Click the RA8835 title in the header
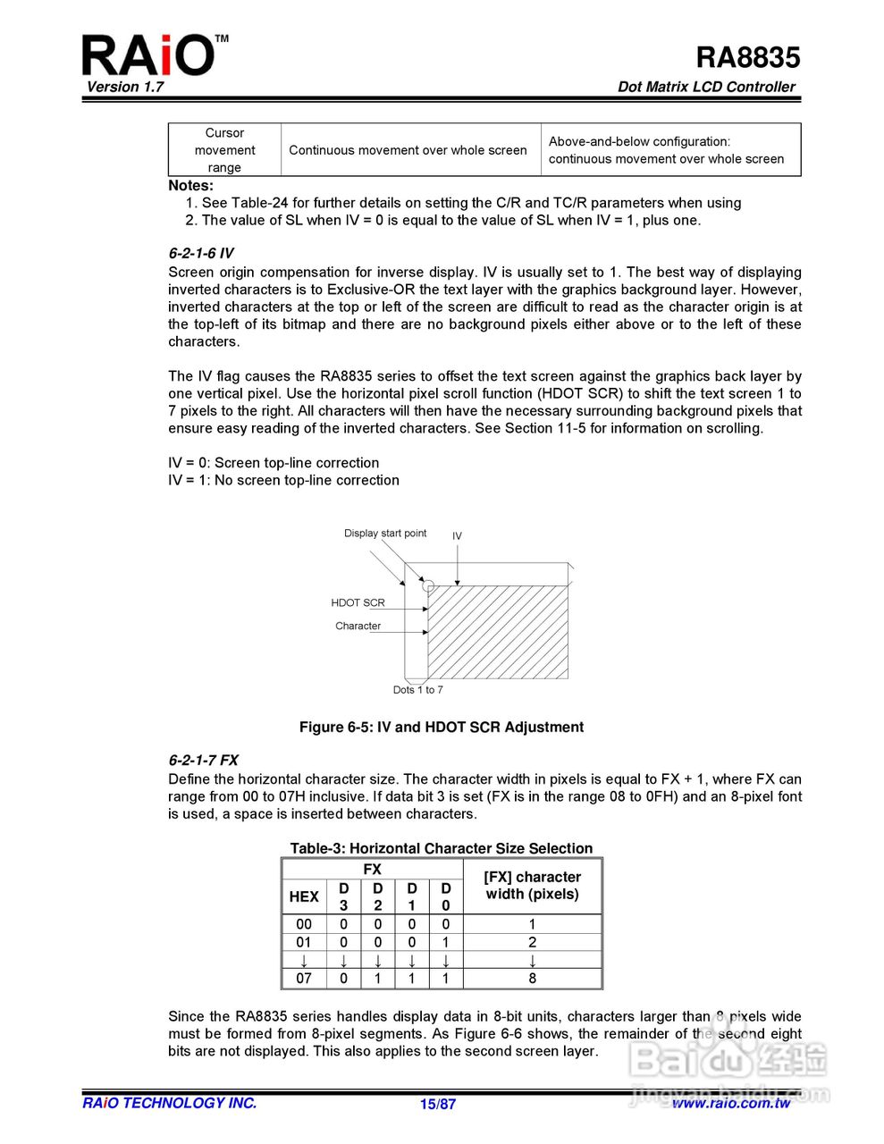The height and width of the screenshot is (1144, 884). (x=747, y=57)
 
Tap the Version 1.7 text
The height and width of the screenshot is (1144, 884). (x=125, y=87)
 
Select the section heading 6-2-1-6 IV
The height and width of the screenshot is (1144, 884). (x=201, y=253)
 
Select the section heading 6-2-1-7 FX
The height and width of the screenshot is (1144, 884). (x=204, y=760)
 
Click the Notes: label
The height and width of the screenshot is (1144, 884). (x=191, y=186)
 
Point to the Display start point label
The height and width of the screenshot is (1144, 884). (x=385, y=534)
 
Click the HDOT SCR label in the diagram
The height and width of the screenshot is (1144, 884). (x=358, y=602)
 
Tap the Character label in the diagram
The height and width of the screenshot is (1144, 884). (x=358, y=626)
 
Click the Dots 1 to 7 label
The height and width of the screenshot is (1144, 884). (x=417, y=690)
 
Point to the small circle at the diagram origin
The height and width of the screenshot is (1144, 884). (x=428, y=586)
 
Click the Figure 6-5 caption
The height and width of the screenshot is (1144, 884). (x=442, y=728)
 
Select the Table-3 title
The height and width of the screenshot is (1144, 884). (x=442, y=848)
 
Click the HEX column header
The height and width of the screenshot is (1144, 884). (x=304, y=896)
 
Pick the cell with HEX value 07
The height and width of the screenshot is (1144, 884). (x=304, y=979)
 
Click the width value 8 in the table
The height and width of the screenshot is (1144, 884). (x=533, y=979)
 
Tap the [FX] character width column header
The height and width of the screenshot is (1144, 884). (x=533, y=886)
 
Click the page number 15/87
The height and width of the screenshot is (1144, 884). (x=438, y=1104)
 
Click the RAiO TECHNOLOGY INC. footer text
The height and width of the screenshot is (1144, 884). (x=170, y=1103)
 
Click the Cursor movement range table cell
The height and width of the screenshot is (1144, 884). (x=224, y=150)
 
